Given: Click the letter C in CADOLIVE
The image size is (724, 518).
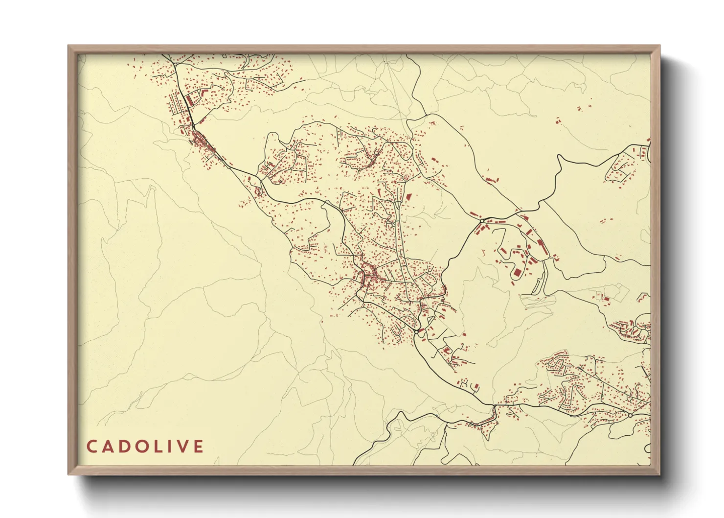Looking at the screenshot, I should coord(91,447).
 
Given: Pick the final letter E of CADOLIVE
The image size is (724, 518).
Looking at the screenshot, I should coord(198,447).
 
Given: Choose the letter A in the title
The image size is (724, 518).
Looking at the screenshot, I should coord(107,447).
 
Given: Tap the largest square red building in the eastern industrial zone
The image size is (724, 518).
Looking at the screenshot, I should coord(517,272).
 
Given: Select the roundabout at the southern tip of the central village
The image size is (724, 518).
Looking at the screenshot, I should coord(416,332).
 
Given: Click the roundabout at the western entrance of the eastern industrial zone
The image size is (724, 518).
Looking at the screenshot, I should coord(482,221).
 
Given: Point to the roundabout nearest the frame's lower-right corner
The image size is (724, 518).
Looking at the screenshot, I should coord(630,415).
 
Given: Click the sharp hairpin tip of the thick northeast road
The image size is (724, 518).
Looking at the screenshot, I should coord(559,157).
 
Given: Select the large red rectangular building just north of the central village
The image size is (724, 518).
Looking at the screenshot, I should coord(408,196).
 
